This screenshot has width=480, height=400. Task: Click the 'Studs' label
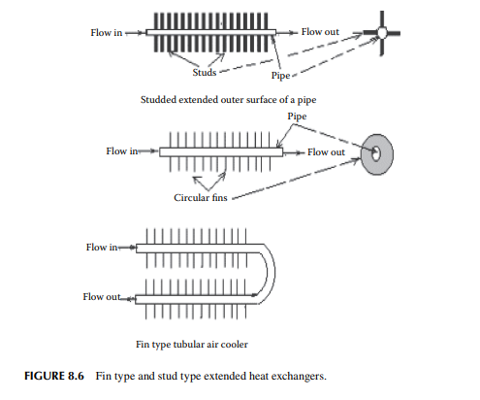205,72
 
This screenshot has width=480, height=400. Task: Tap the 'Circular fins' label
201,197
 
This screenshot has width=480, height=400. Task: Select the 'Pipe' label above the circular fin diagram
297,117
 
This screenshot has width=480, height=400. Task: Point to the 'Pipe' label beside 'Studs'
280,76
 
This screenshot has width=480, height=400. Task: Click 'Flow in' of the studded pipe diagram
107,33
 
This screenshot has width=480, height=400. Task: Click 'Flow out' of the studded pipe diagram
320,32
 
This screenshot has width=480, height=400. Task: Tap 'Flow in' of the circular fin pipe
122,151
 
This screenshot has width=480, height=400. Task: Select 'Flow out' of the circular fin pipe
326,152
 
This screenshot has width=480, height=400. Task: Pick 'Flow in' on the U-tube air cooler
102,248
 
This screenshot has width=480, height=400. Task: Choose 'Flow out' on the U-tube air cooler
102,297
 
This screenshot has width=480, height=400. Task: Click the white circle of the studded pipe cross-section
382,33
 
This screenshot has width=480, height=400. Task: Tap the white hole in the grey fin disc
375,153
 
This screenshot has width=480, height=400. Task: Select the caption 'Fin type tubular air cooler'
192,345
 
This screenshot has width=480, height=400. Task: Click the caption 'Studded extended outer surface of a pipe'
228,100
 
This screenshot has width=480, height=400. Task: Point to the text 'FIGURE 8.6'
54,376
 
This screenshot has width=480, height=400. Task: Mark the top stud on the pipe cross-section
382,19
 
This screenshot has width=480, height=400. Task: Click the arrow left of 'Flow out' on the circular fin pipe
294,152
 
